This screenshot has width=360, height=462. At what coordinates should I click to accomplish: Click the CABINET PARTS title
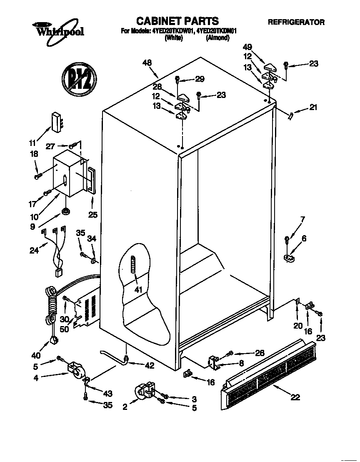(x=178, y=21)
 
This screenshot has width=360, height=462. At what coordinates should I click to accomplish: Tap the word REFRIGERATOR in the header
(x=296, y=23)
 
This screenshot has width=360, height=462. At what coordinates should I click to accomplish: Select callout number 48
(x=147, y=63)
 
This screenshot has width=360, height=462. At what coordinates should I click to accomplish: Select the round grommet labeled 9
(x=65, y=213)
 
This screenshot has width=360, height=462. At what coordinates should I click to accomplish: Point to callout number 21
(x=313, y=108)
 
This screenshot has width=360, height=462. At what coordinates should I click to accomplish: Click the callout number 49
(x=248, y=47)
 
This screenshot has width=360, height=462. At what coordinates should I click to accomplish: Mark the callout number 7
(x=302, y=219)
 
